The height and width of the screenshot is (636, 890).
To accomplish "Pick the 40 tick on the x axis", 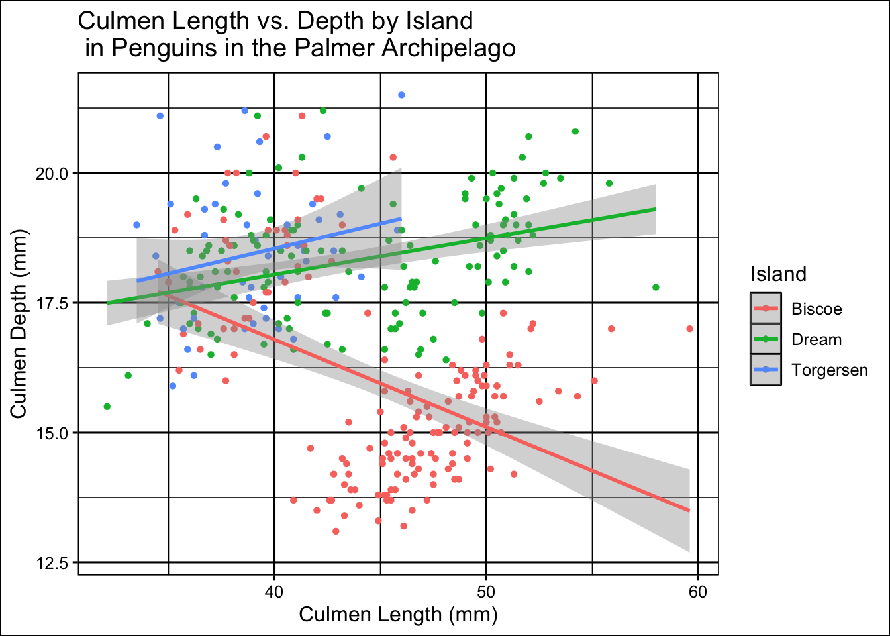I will click(x=274, y=592).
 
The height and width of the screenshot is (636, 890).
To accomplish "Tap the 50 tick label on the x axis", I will click(x=486, y=592).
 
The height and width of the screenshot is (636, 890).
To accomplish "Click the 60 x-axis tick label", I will click(x=698, y=592).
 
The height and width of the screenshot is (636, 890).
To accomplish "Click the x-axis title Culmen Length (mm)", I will click(x=398, y=615).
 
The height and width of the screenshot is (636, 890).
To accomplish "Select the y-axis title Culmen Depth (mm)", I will click(x=19, y=324).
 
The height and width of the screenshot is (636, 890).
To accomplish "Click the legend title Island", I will click(x=778, y=274).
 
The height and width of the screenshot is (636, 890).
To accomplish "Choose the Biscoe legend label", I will click(x=816, y=309).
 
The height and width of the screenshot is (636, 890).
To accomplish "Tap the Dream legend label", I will click(x=816, y=340).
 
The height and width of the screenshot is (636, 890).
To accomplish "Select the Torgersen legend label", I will click(x=829, y=370).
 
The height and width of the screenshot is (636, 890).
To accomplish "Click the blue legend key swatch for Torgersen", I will click(x=766, y=370).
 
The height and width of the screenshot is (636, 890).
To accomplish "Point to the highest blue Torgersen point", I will click(x=401, y=95).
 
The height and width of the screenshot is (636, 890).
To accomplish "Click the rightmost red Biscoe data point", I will click(x=689, y=329).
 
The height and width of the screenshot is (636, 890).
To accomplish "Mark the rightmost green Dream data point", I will click(x=656, y=288).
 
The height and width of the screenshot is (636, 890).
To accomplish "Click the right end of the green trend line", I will click(x=655, y=209).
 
